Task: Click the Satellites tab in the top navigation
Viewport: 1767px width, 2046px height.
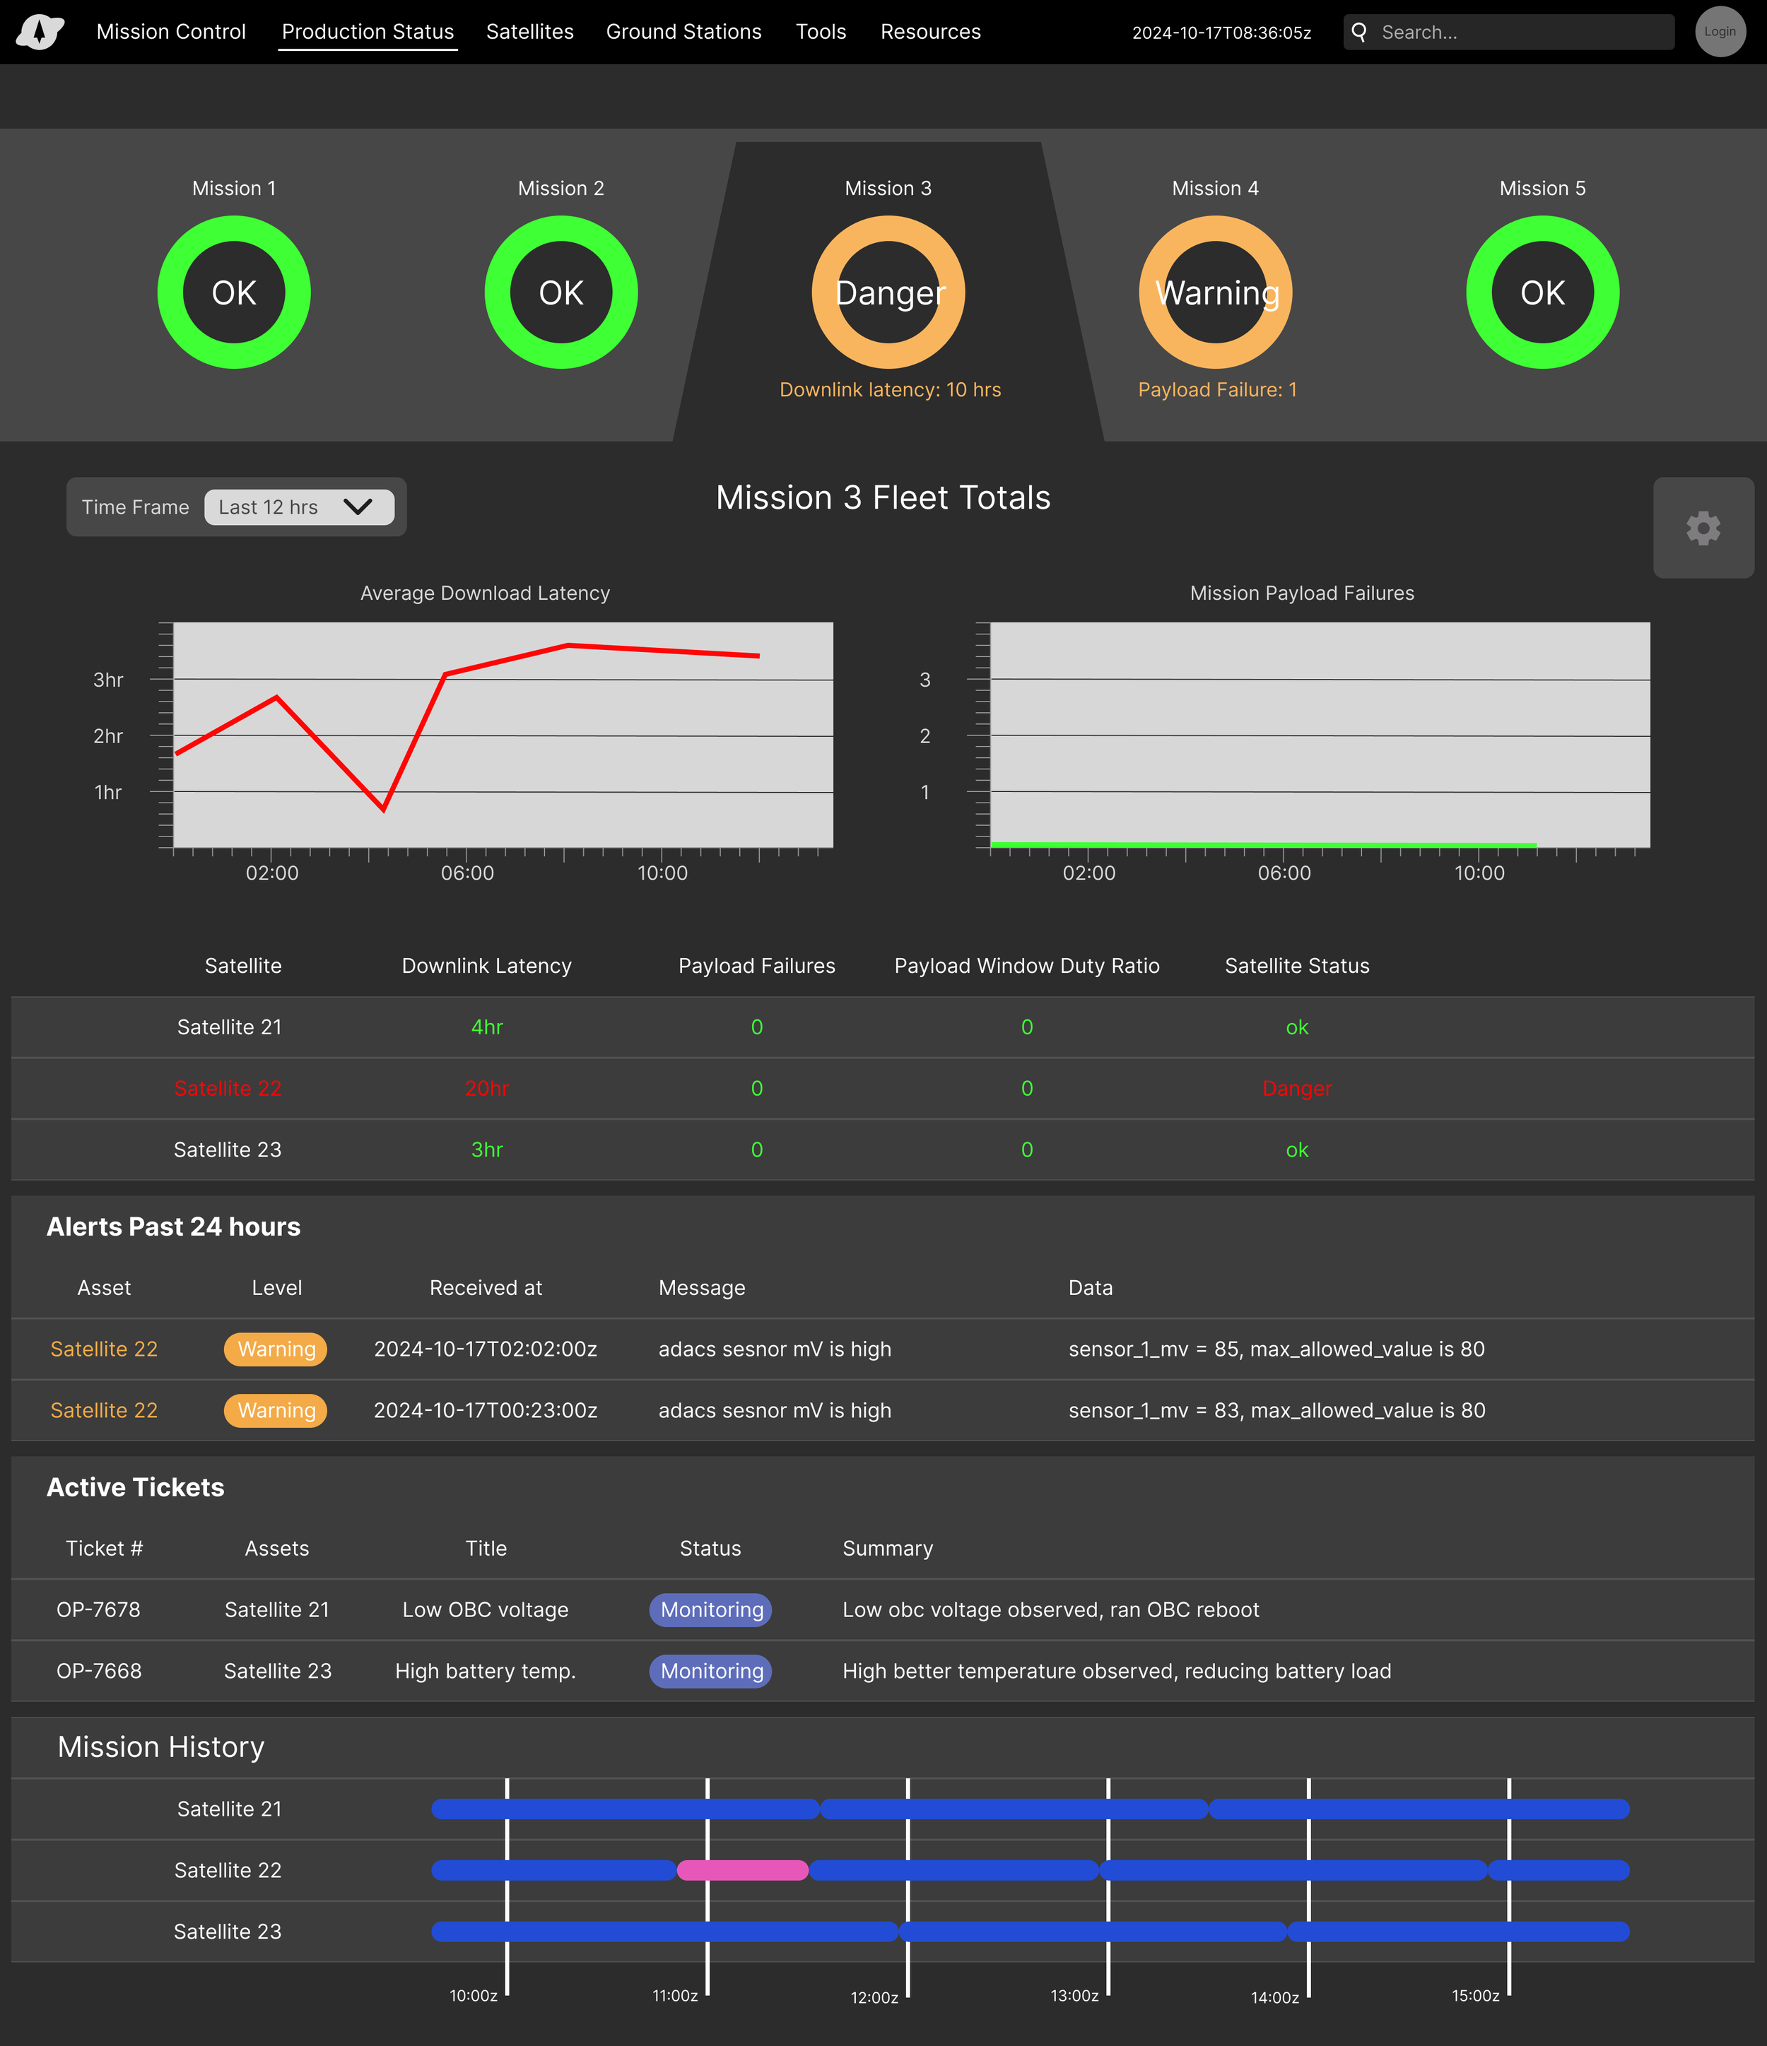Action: (x=529, y=32)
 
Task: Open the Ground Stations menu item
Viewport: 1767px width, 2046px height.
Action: (x=683, y=32)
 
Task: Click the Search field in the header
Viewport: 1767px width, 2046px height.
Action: (x=1521, y=32)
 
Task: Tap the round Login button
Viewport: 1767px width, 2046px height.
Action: (x=1720, y=32)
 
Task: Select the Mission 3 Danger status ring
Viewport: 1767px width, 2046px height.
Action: (x=888, y=292)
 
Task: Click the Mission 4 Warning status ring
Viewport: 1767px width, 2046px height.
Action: (x=1215, y=292)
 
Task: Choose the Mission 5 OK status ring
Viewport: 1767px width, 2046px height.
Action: (x=1542, y=292)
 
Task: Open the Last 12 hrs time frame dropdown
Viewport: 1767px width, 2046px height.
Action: (x=298, y=507)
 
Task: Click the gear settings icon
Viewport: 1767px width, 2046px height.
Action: (x=1703, y=528)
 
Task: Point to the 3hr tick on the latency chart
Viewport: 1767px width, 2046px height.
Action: (x=109, y=680)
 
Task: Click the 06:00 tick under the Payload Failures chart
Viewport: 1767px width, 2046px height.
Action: (x=1284, y=873)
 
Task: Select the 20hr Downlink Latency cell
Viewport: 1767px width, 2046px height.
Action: (x=487, y=1088)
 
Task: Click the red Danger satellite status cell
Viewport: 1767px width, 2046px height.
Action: (x=1297, y=1088)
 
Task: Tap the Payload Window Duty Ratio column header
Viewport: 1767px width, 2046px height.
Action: (x=1026, y=966)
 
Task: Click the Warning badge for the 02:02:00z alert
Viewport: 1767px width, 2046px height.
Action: (x=276, y=1349)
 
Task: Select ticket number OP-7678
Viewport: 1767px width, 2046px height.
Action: (x=99, y=1609)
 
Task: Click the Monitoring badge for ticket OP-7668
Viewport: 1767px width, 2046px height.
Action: (x=711, y=1671)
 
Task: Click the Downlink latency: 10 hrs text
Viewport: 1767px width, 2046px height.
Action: (x=890, y=390)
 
